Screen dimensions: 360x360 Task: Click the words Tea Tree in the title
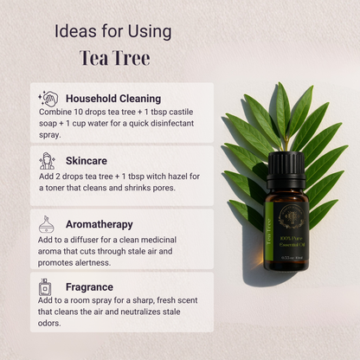114,58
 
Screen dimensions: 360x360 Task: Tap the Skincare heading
87,161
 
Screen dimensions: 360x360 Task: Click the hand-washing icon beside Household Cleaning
49,99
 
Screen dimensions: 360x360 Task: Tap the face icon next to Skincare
48,161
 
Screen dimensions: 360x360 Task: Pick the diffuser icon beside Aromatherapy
48,224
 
